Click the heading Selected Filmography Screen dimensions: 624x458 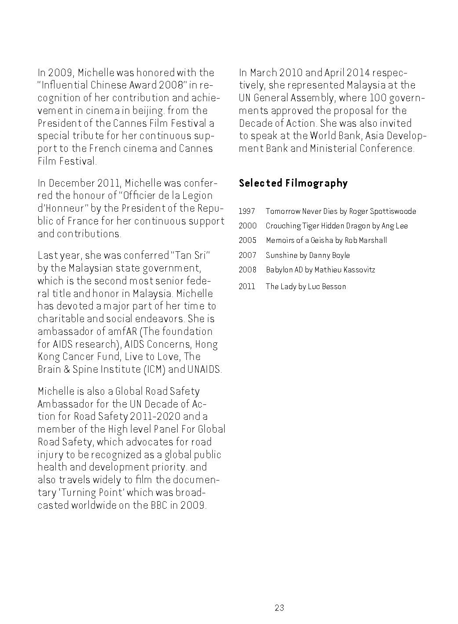click(293, 183)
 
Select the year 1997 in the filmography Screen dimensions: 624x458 click(247, 211)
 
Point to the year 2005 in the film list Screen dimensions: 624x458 click(247, 240)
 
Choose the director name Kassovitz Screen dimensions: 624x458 click(358, 270)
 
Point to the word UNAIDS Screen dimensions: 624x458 click(204, 369)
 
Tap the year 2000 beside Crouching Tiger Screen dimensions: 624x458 click(247, 226)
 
